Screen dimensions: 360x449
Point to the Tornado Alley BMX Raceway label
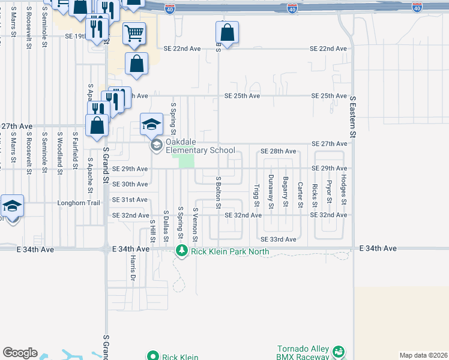click(x=304, y=353)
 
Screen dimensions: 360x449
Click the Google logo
click(x=20, y=353)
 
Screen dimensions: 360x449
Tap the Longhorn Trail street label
click(x=77, y=203)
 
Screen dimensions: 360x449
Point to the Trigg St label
click(x=256, y=194)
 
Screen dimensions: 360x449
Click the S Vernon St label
click(x=196, y=225)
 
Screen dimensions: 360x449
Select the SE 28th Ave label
click(x=279, y=151)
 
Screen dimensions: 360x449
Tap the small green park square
click(x=187, y=161)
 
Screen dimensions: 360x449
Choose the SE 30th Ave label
click(x=130, y=184)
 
